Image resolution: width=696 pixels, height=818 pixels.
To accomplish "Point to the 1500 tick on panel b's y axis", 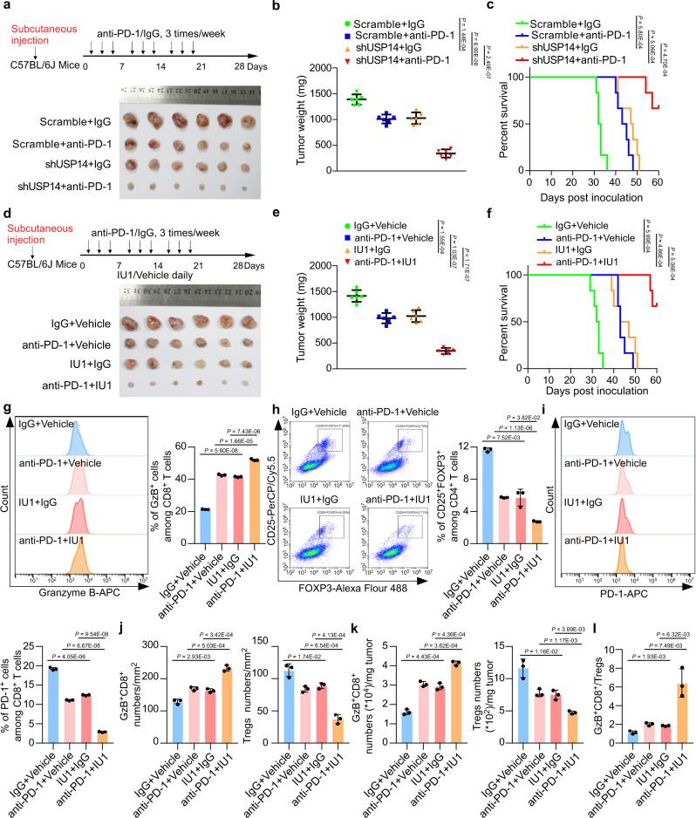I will click(x=335, y=92).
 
